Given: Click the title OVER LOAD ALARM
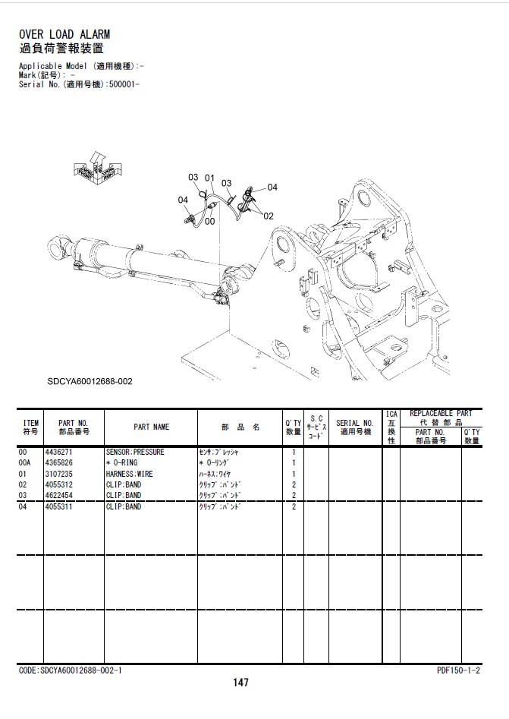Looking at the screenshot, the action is point(64,34).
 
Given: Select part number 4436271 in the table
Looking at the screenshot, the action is point(58,452).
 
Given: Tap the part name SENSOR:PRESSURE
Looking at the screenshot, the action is point(135,452).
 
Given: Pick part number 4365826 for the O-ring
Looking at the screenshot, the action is point(58,462).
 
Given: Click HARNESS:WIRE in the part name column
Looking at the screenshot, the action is point(129,474).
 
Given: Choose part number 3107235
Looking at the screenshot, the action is point(58,474).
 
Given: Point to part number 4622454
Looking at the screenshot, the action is point(58,495).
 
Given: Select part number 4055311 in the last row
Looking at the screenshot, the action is point(58,506).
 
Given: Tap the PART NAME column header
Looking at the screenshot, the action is point(151,427).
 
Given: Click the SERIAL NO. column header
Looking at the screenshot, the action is point(354,423).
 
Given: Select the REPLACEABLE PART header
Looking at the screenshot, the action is point(441,413).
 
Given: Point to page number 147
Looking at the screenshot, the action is point(240,683).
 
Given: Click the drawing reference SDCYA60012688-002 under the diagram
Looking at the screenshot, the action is point(90,381).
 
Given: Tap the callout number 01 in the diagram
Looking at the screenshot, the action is point(209,178).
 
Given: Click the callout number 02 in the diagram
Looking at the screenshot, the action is point(269,216).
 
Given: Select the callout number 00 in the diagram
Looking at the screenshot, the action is point(210,222).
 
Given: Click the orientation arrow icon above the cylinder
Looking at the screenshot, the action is point(98,169).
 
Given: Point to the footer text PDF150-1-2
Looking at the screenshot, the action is point(458,670).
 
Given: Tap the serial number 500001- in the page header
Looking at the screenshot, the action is point(124,84).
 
